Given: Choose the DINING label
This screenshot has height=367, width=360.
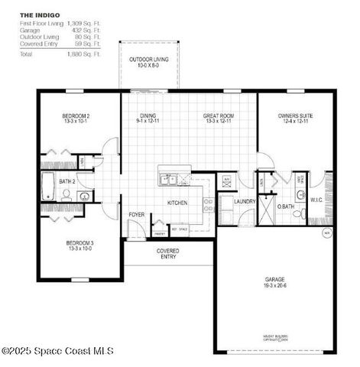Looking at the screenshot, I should coord(148,118).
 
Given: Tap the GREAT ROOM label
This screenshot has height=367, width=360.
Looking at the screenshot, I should coord(217,118).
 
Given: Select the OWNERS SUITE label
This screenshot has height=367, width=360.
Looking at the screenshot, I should coord(295,118).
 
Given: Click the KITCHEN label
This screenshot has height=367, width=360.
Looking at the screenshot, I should coord(177,203).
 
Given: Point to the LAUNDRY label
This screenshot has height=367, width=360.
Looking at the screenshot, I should coord(245,201).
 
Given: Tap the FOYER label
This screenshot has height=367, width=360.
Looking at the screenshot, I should coord(136,215).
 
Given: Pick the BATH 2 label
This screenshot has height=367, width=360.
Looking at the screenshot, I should coord(66,181).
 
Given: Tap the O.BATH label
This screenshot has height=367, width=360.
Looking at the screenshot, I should coord(286,206).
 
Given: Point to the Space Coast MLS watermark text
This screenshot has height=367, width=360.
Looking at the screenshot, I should coord(58,351).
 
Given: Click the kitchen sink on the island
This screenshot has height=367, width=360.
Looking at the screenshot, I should coord(168,180).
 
